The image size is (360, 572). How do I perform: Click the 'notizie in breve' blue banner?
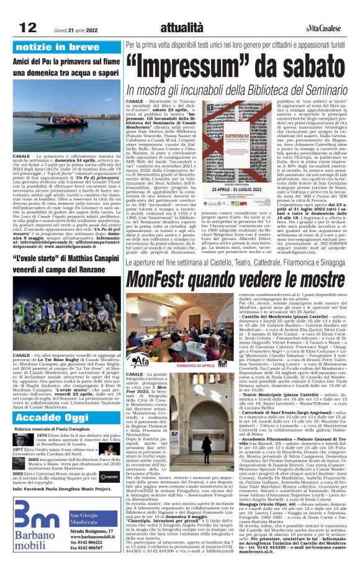58,47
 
